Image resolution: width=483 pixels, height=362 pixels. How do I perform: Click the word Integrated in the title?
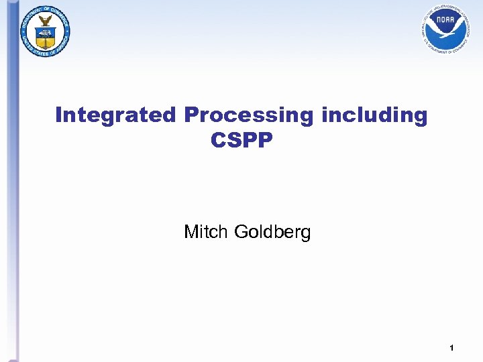click(x=116, y=115)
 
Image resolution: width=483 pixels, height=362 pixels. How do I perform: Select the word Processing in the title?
click(x=248, y=115)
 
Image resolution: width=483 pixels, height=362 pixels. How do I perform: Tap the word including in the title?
click(x=374, y=115)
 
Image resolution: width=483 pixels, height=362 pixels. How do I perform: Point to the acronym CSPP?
click(x=241, y=141)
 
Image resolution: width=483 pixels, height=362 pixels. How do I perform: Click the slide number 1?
click(x=452, y=348)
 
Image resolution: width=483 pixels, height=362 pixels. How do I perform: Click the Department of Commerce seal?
click(x=46, y=29)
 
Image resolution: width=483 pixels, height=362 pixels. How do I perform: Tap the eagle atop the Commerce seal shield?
click(x=46, y=20)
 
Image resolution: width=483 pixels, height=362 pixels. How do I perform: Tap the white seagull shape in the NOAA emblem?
click(x=445, y=29)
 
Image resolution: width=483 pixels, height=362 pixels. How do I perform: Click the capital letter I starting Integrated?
click(x=58, y=115)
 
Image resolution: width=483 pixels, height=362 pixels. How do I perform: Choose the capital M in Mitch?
click(x=191, y=233)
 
